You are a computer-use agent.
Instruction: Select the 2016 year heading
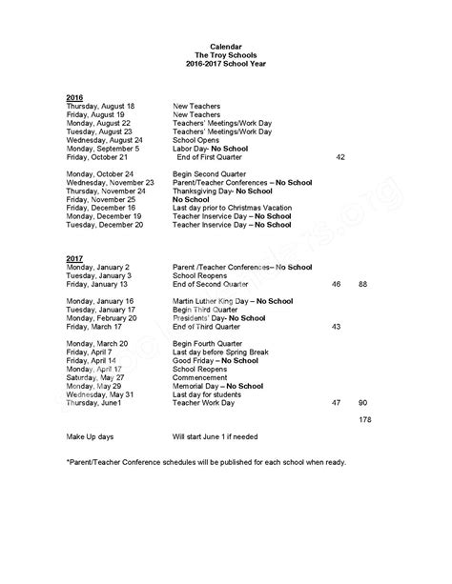(x=74, y=98)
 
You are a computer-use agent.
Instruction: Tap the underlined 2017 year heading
(x=74, y=258)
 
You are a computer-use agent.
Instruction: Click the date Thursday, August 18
(x=100, y=106)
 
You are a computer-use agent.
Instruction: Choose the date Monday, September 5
(x=103, y=148)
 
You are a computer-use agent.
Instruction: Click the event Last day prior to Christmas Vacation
(x=236, y=208)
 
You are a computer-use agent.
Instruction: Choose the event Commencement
(x=203, y=378)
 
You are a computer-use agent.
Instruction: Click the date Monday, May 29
(x=93, y=387)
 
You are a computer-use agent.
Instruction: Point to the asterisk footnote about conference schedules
(x=206, y=462)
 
